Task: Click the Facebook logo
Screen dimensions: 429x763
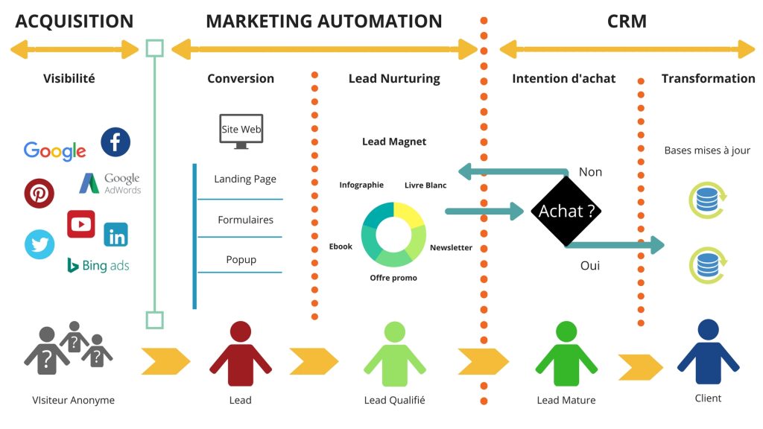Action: click(x=115, y=142)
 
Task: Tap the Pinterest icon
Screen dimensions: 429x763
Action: click(x=39, y=193)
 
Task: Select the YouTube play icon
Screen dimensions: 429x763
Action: click(x=81, y=223)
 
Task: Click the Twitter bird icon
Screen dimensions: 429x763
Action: click(x=39, y=244)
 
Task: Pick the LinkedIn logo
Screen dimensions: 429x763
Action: click(x=116, y=235)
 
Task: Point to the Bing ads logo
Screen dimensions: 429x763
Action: click(x=98, y=265)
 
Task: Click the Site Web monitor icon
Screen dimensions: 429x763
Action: click(x=241, y=131)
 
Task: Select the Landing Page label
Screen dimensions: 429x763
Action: click(x=245, y=179)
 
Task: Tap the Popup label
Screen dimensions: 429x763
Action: click(x=241, y=259)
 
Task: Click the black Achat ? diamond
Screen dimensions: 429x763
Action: click(x=566, y=212)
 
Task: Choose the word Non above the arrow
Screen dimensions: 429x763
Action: click(x=590, y=172)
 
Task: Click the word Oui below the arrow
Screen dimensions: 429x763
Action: click(x=590, y=264)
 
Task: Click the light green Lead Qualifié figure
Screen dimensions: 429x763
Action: click(x=394, y=355)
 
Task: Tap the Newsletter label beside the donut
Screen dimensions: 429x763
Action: click(x=451, y=247)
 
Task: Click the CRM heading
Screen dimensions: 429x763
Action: click(x=627, y=21)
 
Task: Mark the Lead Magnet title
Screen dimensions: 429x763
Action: click(x=394, y=142)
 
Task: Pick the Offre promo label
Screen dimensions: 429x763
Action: click(x=393, y=278)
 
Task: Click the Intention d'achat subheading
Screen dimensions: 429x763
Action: click(x=564, y=78)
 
